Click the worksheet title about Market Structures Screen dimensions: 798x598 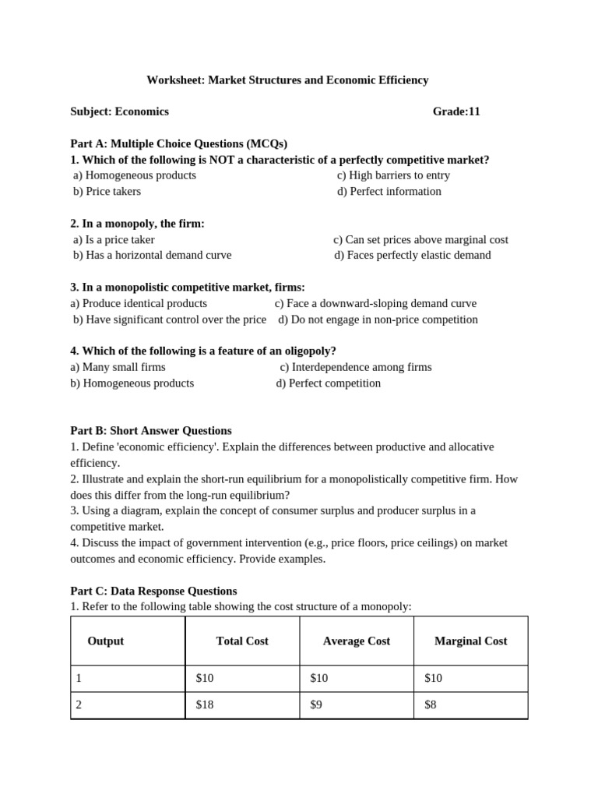[x=287, y=79]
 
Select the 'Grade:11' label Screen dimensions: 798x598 [x=456, y=111]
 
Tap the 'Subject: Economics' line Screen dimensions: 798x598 [x=119, y=111]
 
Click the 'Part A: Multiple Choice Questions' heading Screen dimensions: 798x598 [x=178, y=143]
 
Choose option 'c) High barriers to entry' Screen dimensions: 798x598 [x=393, y=175]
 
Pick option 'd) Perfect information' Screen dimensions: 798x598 [x=389, y=192]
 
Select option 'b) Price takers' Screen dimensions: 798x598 [x=107, y=192]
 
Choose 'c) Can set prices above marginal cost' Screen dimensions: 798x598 [x=420, y=240]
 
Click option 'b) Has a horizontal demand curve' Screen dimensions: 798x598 [x=153, y=255]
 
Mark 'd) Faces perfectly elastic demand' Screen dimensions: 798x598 [x=413, y=255]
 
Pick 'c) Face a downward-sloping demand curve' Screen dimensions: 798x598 [x=375, y=303]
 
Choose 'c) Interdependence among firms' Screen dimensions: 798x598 [x=356, y=367]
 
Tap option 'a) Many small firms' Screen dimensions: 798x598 [x=118, y=367]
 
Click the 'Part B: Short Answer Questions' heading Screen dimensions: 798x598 [x=151, y=430]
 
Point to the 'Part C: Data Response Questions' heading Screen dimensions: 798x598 [x=153, y=591]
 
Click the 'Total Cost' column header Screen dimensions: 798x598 [x=242, y=641]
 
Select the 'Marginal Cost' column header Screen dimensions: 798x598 [x=470, y=641]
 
